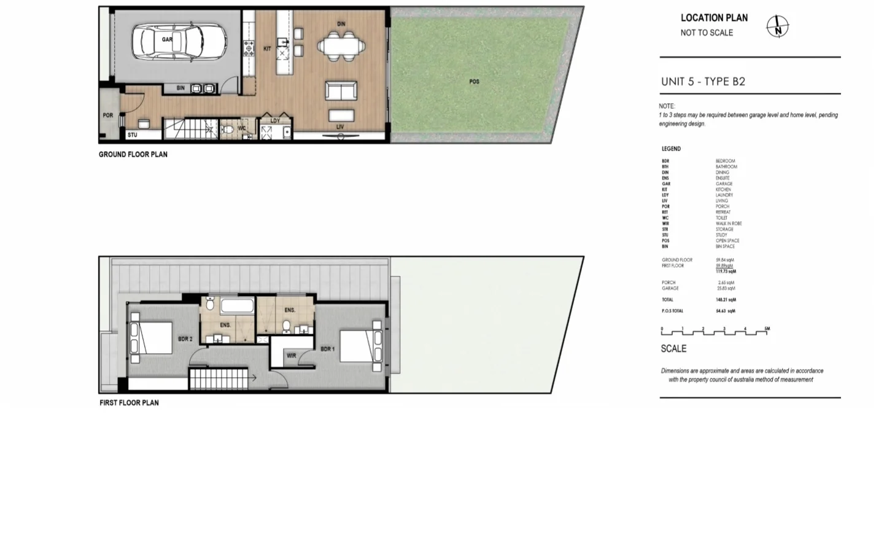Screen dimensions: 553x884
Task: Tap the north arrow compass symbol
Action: coord(777,26)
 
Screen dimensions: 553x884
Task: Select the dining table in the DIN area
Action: coord(341,46)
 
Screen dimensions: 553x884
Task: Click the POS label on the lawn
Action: coord(474,82)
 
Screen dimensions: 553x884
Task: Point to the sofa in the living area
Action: coord(341,91)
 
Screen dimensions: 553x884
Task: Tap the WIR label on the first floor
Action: coord(291,356)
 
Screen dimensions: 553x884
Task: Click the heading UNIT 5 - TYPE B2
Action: coord(703,82)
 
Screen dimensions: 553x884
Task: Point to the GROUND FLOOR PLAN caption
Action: coord(133,155)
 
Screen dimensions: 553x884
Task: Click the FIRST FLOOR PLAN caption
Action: coord(129,403)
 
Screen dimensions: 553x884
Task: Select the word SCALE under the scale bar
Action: coord(673,348)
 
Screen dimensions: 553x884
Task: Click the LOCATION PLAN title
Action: coord(714,18)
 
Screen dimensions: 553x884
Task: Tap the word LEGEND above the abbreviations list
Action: coord(671,149)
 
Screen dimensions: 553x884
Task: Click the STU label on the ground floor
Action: coord(132,135)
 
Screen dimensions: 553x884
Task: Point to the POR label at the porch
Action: coord(107,116)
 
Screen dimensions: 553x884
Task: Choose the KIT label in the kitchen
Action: coord(267,49)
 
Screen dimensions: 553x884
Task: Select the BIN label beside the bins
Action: coord(180,88)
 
